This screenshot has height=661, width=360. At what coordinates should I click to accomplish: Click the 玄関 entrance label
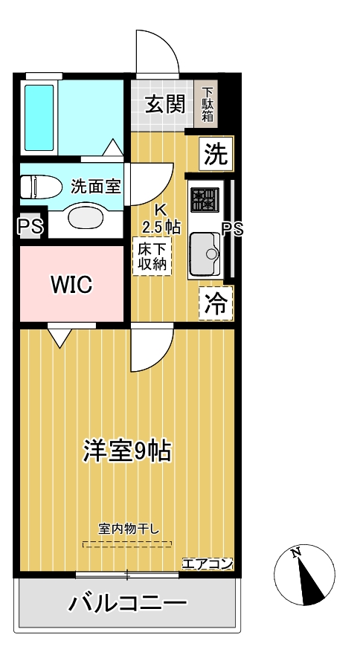click(164, 104)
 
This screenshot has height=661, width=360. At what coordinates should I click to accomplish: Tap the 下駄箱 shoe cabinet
click(208, 105)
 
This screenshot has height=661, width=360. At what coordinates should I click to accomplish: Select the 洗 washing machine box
click(216, 155)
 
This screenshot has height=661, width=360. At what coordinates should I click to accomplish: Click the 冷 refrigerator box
click(216, 303)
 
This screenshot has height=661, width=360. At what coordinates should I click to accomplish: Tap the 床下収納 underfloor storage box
click(152, 255)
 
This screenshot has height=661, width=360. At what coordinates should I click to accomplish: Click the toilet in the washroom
click(37, 186)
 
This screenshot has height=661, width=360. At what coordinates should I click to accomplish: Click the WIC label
click(71, 284)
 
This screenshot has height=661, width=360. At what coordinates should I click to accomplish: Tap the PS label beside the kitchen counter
click(233, 229)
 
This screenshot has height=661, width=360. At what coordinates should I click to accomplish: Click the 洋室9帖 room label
click(127, 450)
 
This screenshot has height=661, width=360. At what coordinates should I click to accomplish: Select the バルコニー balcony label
click(127, 603)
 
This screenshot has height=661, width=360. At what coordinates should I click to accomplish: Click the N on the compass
click(296, 552)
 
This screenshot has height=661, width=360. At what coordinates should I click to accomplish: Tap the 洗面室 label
click(96, 186)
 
